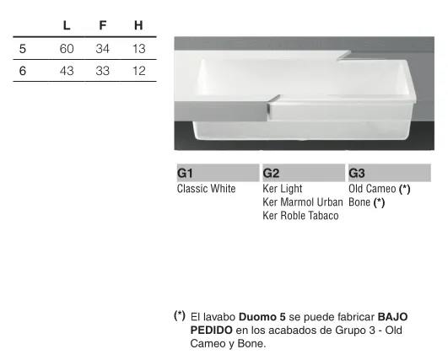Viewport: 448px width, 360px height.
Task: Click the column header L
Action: click(67, 25)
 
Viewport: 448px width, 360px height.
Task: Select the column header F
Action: click(103, 25)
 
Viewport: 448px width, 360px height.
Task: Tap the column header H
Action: click(138, 25)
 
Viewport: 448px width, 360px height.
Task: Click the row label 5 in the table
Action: click(23, 49)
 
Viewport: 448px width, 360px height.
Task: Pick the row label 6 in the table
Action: click(23, 71)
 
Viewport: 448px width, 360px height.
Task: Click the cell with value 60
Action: click(67, 49)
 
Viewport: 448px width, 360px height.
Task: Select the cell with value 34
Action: click(103, 49)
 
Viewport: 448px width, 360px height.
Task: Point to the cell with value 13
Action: click(139, 49)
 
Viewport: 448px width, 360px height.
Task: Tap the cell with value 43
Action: click(67, 71)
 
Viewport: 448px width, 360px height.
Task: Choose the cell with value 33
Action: click(103, 71)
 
